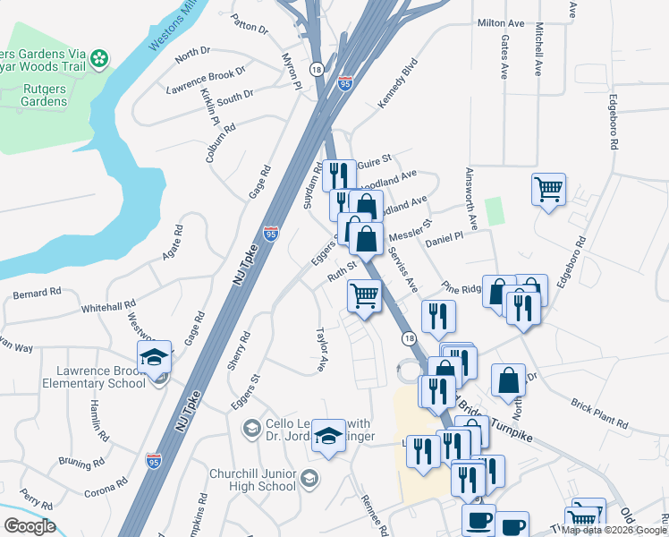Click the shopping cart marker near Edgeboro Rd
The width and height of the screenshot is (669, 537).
(x=548, y=189)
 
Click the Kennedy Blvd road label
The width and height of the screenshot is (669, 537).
(x=398, y=84)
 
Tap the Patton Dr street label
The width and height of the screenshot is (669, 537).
(x=249, y=22)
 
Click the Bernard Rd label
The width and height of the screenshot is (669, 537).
(x=37, y=292)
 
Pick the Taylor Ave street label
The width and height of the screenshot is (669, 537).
(x=319, y=348)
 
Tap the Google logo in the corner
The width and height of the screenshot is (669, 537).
(x=30, y=526)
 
